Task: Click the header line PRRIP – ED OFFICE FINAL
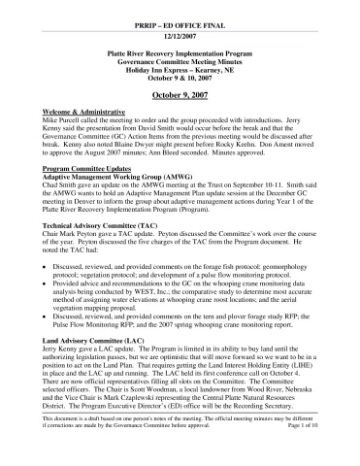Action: point(180,19)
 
